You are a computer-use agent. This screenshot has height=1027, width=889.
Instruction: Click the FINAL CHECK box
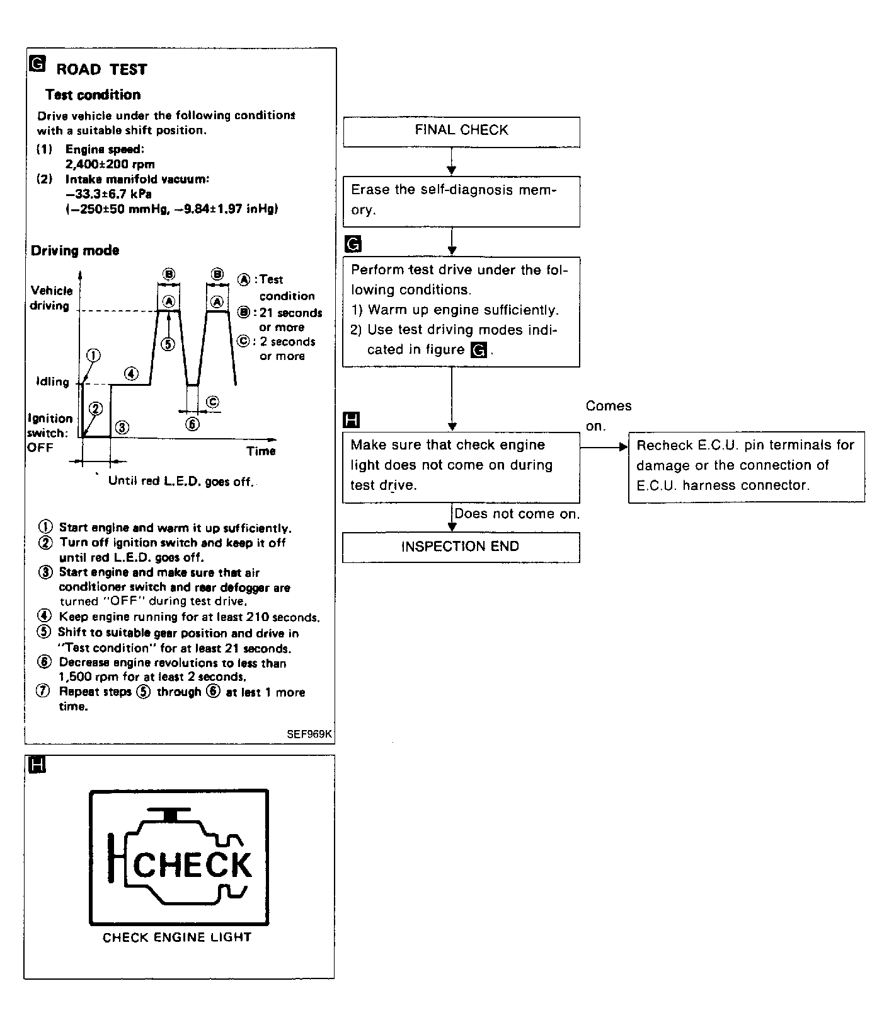coord(461,131)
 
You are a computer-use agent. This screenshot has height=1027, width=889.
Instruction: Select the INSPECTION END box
coord(461,547)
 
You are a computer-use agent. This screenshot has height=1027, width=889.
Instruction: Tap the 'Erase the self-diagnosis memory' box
coord(461,200)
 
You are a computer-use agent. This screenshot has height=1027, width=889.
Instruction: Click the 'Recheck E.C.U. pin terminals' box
coord(746,466)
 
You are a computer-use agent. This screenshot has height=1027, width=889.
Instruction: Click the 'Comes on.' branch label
coord(608,415)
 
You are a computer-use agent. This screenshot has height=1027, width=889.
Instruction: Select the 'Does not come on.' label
coord(517,514)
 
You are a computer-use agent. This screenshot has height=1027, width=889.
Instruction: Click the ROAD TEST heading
coord(101,69)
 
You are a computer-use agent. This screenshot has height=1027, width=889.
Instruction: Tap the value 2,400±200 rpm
coord(110,165)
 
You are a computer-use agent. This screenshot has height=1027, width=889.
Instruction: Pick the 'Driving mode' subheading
coord(75,250)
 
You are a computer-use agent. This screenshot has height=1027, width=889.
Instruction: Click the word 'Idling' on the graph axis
coord(52,381)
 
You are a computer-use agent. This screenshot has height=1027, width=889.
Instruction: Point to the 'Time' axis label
coord(261,451)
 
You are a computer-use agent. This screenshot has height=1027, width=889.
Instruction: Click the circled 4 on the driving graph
coord(131,373)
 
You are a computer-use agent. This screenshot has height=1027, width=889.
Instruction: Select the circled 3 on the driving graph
coord(122,427)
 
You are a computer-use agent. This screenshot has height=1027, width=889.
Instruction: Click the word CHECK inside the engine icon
coord(192,865)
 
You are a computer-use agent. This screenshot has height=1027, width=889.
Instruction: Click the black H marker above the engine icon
coord(38,765)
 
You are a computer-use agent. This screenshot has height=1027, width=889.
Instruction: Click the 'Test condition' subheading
coord(93,95)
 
